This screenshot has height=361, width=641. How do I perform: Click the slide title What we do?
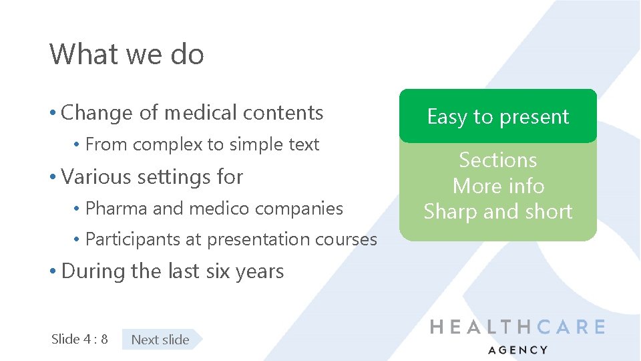click(126, 54)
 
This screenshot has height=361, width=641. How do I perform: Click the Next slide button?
click(160, 340)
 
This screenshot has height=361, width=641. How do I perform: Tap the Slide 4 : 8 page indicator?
click(79, 339)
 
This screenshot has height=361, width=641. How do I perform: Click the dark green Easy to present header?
click(497, 117)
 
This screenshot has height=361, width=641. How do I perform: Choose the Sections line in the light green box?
click(497, 160)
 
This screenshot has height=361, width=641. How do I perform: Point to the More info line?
click(498, 186)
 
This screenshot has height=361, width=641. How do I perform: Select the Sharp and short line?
click(498, 212)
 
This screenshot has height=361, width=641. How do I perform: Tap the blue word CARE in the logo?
click(571, 327)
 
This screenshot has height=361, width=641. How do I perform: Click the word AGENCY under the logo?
click(517, 350)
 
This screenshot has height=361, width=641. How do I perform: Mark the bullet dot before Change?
click(53, 114)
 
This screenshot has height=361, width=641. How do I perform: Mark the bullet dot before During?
click(53, 272)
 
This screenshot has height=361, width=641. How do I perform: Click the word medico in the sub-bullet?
click(220, 209)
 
